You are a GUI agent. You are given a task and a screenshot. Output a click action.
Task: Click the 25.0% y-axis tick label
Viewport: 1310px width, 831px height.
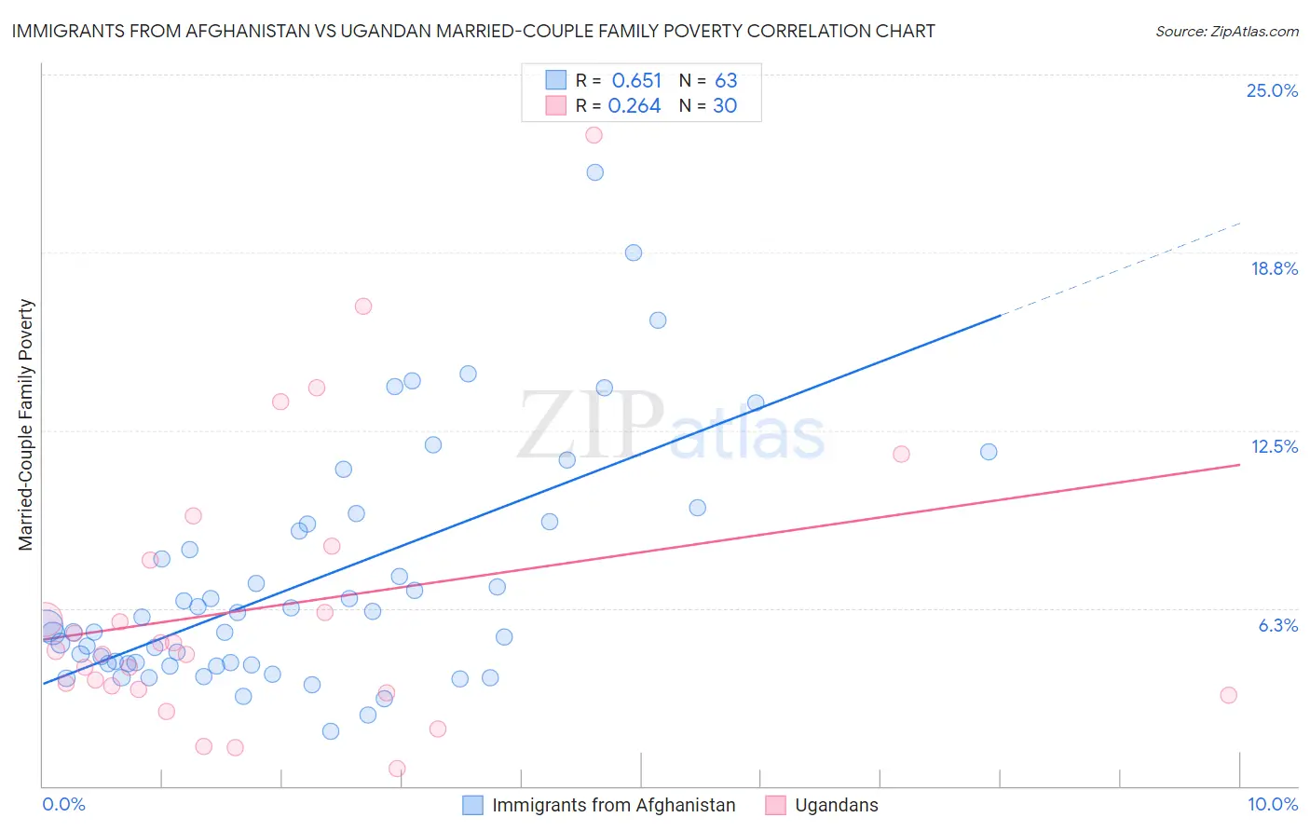1272,90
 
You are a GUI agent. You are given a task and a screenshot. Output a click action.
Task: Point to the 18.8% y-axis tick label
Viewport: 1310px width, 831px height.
1274,268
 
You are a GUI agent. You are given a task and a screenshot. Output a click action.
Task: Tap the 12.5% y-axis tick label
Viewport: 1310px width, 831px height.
1274,446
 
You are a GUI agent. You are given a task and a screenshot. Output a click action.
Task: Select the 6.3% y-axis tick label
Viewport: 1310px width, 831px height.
1277,625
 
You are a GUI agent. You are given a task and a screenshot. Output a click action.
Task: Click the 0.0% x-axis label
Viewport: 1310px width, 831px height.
63,804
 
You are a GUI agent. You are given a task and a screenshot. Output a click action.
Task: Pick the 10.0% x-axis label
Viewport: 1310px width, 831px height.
1272,804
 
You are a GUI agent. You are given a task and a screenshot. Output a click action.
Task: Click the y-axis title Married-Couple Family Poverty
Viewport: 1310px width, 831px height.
26,425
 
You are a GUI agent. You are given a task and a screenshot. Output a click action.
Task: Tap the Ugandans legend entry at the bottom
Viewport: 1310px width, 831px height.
836,805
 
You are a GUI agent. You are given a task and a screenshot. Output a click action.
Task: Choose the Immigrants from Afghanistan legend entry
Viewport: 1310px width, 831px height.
613,805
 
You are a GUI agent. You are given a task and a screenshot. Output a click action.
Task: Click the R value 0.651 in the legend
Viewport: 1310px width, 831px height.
636,81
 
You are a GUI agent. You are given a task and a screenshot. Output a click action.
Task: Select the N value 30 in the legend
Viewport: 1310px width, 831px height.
725,106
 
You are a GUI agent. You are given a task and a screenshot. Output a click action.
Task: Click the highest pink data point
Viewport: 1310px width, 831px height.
594,135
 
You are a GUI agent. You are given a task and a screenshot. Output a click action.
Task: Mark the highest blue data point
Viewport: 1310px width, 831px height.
595,172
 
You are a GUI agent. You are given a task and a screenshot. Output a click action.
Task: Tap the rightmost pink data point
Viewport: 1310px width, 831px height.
1228,695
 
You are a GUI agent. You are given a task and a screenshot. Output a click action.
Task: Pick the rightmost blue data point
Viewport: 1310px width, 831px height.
989,452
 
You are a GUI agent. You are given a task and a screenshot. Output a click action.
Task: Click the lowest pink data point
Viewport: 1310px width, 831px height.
397,769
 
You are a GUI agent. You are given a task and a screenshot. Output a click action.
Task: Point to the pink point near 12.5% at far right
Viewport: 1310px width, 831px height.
901,455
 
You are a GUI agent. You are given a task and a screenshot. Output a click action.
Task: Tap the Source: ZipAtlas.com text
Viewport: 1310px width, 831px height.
1226,32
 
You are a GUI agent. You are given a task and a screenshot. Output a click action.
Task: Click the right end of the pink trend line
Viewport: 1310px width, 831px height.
1239,464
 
